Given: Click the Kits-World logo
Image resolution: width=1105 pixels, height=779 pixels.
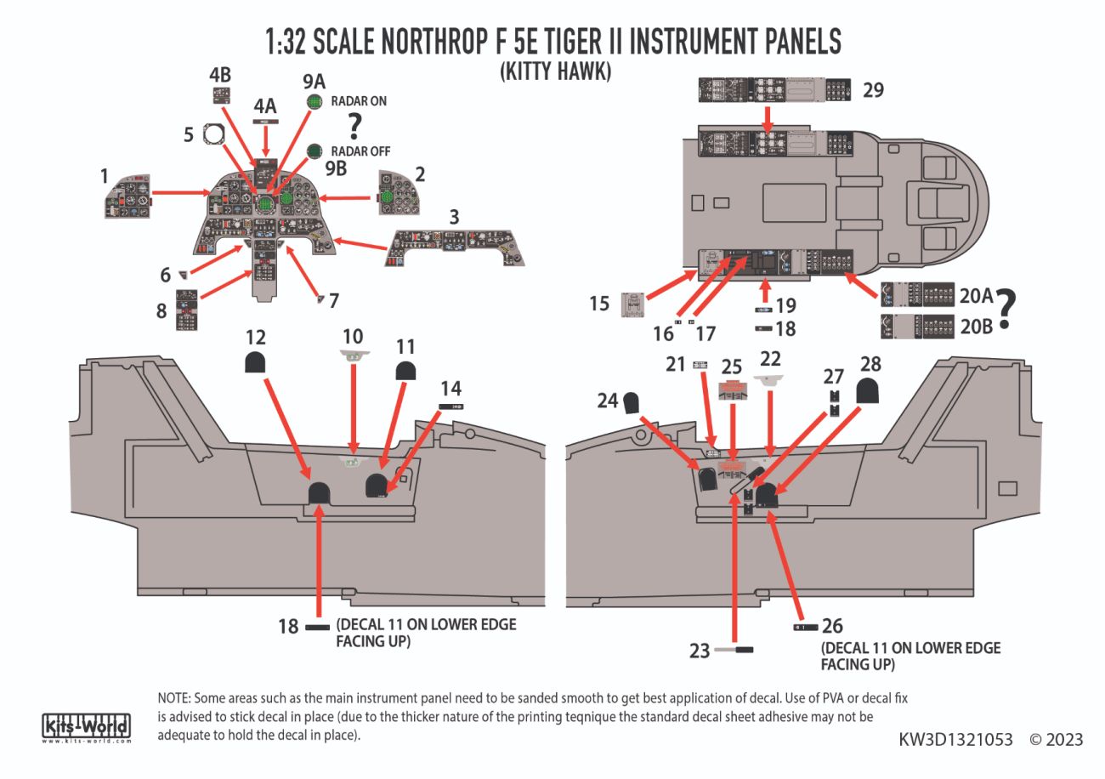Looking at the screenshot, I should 86,728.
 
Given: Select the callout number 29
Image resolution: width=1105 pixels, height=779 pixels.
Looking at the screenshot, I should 874,89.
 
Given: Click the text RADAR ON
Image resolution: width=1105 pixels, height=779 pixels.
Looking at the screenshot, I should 359,101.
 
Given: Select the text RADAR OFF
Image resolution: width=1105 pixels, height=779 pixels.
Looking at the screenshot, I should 360,151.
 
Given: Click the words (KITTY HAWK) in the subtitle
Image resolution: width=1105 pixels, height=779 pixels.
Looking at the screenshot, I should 555,72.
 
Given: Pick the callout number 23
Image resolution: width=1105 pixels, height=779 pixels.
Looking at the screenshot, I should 699,651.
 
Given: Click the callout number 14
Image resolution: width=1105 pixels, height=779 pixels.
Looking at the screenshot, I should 450,388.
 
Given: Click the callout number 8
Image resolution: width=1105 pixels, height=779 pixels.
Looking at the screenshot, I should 162,311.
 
